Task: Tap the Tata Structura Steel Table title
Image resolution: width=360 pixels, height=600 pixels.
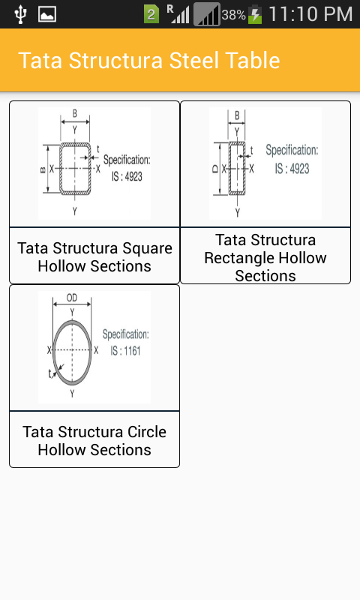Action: pos(148,61)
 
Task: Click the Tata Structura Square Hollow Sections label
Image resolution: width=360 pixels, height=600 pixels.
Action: pos(94,257)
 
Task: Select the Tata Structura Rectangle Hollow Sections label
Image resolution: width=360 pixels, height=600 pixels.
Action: pos(265,258)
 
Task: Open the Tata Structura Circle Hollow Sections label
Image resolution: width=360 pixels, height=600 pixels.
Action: pos(94,441)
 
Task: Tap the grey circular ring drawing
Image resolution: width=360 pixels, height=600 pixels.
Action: pos(72,349)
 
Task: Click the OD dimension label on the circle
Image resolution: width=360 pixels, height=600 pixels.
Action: pos(72,297)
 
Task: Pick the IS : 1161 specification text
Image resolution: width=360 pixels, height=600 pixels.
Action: pos(125,350)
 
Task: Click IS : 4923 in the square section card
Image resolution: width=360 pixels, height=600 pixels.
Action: pos(126,176)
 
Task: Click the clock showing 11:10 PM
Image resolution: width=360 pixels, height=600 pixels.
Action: pos(310,14)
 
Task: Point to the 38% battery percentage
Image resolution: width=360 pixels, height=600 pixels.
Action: pos(233,15)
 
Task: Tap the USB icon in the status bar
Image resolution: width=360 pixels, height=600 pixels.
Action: pos(20,14)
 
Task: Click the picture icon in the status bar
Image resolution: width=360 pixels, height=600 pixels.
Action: pos(47,14)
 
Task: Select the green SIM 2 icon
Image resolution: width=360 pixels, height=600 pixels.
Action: pos(151,14)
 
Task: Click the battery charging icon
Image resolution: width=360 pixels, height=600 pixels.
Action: pos(256,14)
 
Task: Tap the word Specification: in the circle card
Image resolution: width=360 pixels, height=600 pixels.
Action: pos(125,334)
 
